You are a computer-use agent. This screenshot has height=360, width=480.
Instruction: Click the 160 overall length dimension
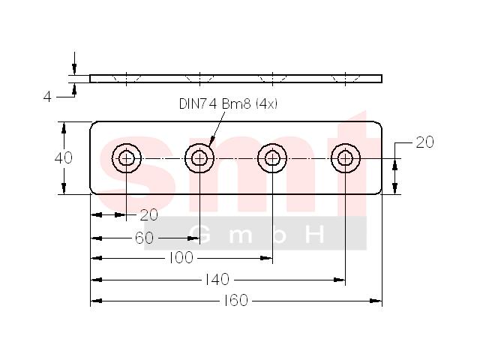[x=235, y=300]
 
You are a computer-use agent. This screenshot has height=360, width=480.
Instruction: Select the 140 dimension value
[x=217, y=279]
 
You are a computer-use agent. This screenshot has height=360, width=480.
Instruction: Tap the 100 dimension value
[x=181, y=258]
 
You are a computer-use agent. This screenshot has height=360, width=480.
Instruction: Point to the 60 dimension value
[x=144, y=238]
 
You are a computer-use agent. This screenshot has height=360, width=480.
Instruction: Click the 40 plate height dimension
[x=63, y=158]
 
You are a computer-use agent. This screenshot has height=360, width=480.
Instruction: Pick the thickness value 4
[x=47, y=97]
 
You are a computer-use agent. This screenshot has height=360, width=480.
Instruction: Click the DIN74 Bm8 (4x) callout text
[x=228, y=103]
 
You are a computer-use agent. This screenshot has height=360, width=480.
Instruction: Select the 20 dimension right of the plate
[x=424, y=142]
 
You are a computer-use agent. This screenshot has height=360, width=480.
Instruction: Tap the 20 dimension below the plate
[x=148, y=215]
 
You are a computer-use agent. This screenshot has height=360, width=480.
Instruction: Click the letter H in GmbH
[x=316, y=235]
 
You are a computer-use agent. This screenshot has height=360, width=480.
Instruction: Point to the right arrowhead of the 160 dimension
[x=376, y=301]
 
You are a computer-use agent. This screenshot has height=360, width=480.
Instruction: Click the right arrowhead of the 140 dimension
[x=340, y=280]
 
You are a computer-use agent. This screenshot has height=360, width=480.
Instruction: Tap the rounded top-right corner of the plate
[x=379, y=124]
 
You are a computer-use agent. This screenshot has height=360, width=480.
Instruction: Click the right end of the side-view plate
[x=382, y=79]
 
